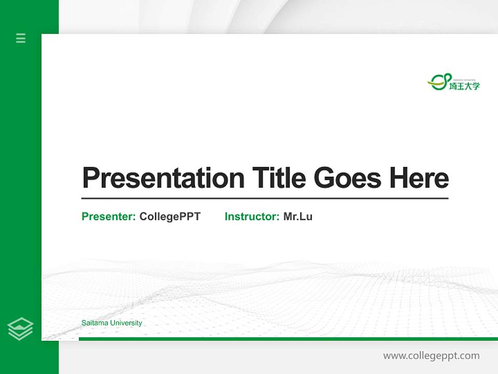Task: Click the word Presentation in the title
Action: click(163, 179)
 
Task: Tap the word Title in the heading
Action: click(279, 178)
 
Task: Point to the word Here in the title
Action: click(419, 178)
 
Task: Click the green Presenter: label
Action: click(108, 217)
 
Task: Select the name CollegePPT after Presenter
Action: click(170, 217)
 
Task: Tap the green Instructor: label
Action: click(252, 217)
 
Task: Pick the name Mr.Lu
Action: click(298, 217)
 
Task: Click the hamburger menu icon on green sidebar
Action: click(21, 38)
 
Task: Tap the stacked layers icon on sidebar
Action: click(20, 329)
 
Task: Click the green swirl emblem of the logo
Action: click(438, 82)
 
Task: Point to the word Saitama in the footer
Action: click(93, 323)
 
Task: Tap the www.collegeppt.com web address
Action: click(431, 356)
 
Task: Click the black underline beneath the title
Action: click(265, 198)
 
